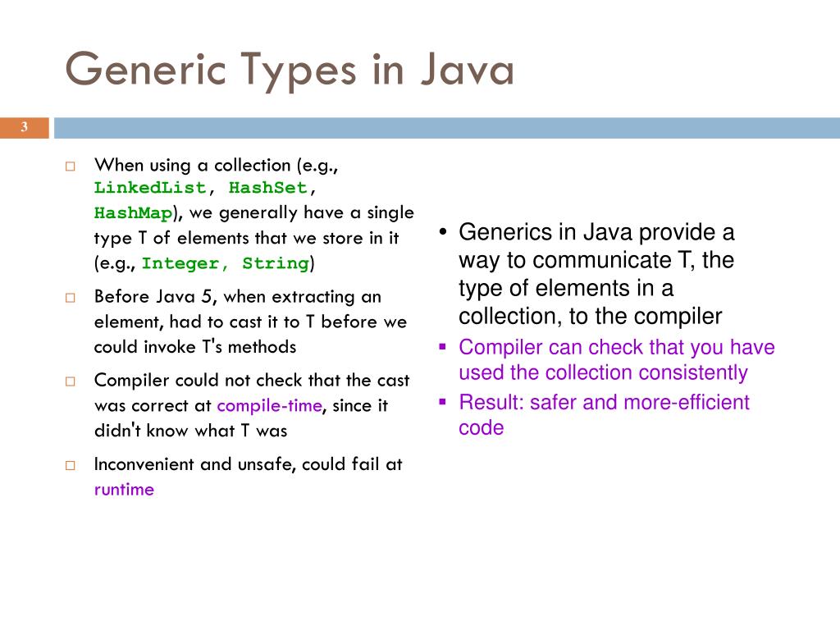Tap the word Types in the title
point(299,71)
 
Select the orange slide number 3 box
point(25,127)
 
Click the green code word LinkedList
point(150,188)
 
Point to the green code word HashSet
point(267,188)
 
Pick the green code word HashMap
point(133,213)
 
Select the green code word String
point(276,264)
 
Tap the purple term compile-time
point(270,406)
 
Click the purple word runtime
point(124,491)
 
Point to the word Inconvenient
point(144,464)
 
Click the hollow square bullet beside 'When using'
point(71,166)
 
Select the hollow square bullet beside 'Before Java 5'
point(71,298)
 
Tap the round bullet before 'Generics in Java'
point(442,234)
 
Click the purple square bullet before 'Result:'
point(442,402)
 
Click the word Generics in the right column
point(499,232)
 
